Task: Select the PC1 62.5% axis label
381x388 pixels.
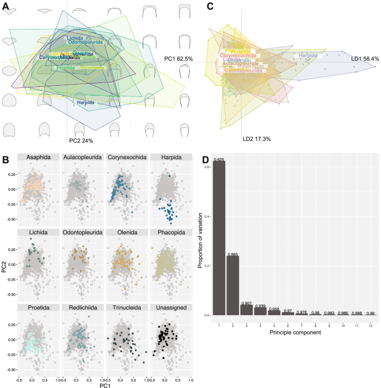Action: tap(179, 58)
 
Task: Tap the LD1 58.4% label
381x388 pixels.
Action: tap(365, 58)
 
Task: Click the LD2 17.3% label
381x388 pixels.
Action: tap(256, 138)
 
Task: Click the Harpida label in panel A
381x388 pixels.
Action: tap(85, 102)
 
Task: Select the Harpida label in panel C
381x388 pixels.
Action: tap(309, 56)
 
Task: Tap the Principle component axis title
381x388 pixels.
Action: tap(295, 332)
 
